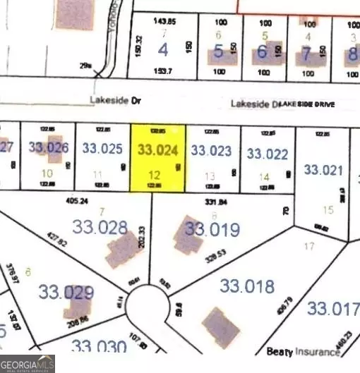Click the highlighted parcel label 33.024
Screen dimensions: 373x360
click(158, 149)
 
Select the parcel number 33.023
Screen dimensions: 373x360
click(211, 149)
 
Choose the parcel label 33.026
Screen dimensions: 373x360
click(49, 147)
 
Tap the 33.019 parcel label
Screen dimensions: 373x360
click(212, 229)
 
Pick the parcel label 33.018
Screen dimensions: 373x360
click(246, 286)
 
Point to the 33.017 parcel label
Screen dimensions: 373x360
click(332, 307)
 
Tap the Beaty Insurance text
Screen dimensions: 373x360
click(304, 350)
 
